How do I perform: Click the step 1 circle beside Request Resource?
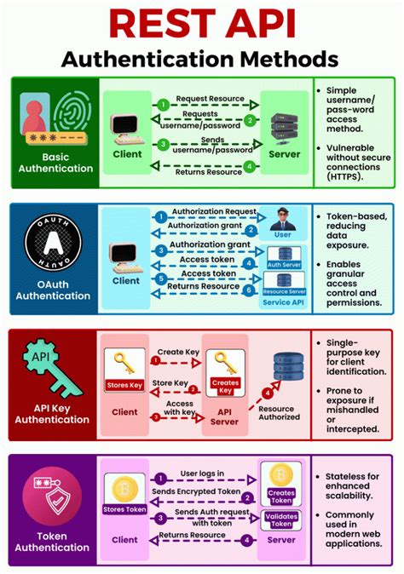tap(163, 104)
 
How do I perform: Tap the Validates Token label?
tap(282, 519)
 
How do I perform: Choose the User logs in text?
tap(201, 472)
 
